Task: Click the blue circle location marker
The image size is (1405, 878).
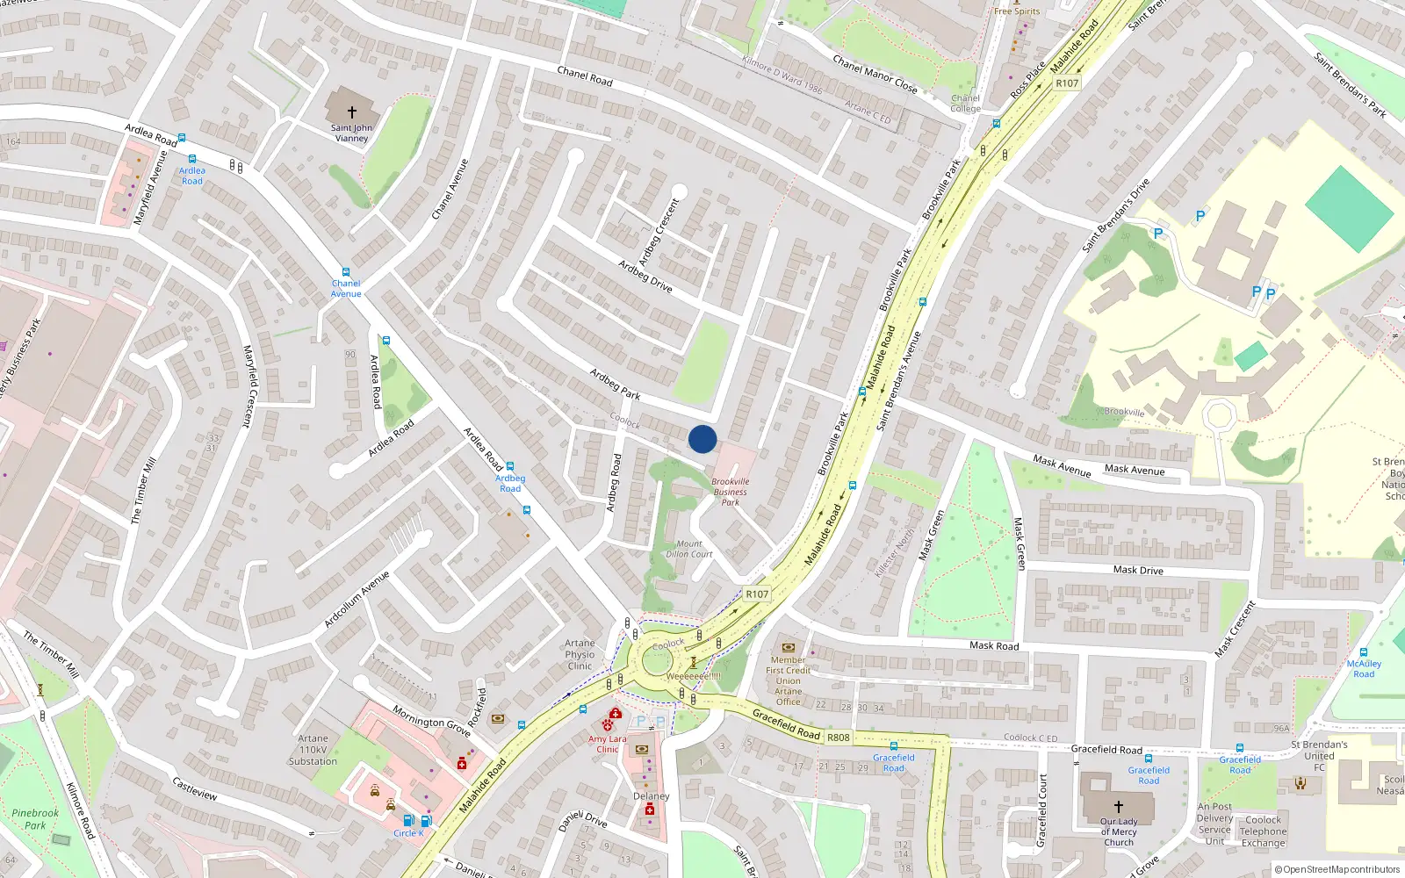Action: (702, 439)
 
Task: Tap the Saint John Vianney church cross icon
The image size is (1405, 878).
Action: (352, 112)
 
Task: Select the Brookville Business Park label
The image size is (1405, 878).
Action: (731, 492)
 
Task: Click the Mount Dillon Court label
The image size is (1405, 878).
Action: (688, 549)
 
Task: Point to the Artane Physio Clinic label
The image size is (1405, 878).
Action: (580, 654)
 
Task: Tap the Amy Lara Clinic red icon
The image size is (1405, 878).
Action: (608, 724)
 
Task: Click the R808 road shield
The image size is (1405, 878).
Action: (838, 738)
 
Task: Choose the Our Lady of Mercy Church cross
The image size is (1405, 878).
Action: (1118, 806)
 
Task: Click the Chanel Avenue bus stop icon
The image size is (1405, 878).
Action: (346, 273)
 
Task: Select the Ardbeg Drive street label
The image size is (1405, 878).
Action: (645, 277)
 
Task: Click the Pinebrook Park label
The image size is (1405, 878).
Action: (35, 819)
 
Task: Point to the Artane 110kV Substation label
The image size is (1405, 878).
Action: (313, 750)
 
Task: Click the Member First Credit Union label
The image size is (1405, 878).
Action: (789, 680)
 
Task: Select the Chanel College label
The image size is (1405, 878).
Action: (965, 104)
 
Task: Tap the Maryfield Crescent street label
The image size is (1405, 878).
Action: (248, 386)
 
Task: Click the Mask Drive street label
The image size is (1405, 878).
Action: (1138, 570)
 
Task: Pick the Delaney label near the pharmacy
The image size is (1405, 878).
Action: (651, 796)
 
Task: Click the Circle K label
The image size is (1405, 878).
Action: (408, 833)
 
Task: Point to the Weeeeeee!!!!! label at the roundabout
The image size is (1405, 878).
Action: (694, 676)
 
